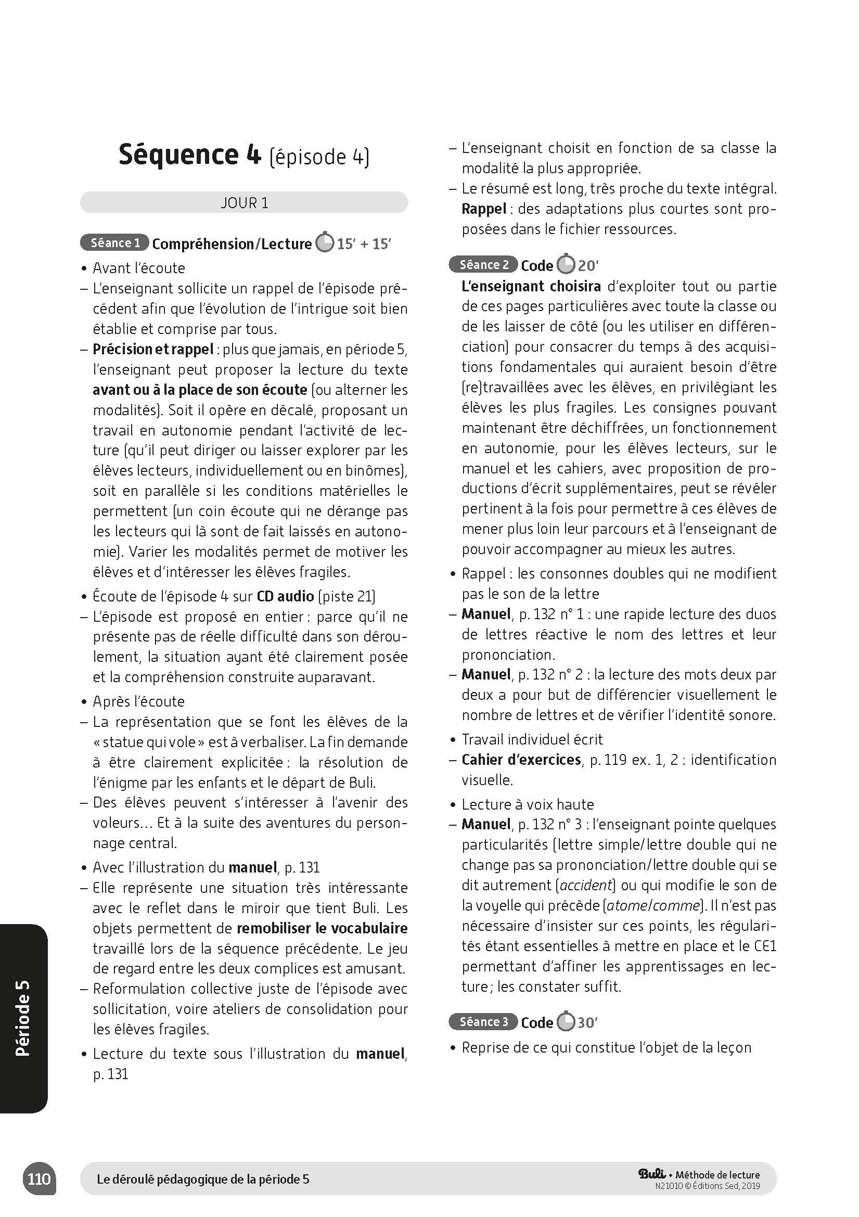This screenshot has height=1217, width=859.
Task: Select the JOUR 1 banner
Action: tap(244, 203)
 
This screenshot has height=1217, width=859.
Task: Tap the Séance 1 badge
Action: tap(114, 244)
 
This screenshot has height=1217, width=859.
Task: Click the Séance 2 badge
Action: tap(483, 265)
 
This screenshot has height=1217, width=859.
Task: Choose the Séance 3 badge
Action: tap(483, 1022)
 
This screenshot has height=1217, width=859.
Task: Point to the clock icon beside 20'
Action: tap(567, 264)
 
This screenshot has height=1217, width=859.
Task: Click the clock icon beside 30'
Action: tap(566, 1021)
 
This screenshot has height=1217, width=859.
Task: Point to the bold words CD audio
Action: tap(285, 597)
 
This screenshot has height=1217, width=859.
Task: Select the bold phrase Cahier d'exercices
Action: tap(521, 760)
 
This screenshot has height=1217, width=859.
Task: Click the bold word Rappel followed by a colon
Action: tap(483, 209)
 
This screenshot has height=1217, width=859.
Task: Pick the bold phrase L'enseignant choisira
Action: tap(531, 287)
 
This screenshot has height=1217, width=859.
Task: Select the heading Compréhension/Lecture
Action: tap(232, 244)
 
